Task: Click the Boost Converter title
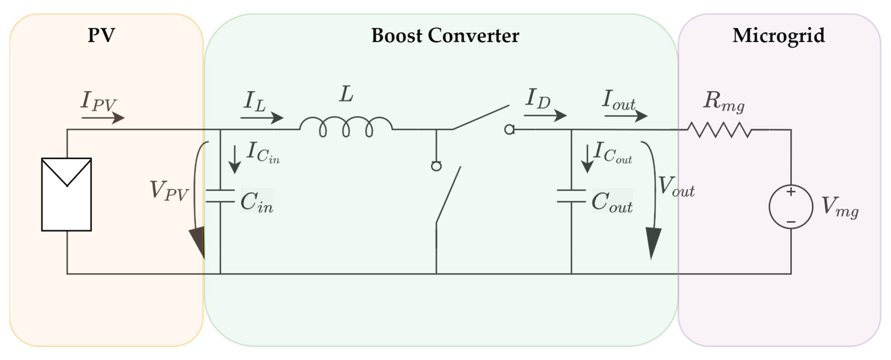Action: (x=445, y=35)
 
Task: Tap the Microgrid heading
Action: (x=778, y=35)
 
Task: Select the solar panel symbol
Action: (x=66, y=194)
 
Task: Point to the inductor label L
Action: (x=346, y=94)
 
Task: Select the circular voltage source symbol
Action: (x=791, y=207)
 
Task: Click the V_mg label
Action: (x=839, y=208)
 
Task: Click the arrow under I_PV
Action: (x=103, y=118)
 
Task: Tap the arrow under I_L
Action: (x=262, y=118)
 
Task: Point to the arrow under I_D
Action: (x=545, y=116)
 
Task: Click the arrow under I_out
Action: (x=626, y=116)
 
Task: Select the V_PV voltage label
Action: (x=169, y=191)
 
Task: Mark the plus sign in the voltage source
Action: (x=791, y=192)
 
